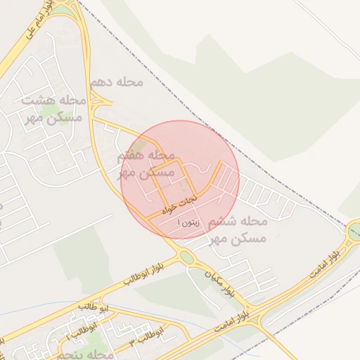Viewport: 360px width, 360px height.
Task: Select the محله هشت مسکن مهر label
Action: pyautogui.click(x=53, y=109)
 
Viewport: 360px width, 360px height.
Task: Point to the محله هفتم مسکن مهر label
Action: pyautogui.click(x=146, y=163)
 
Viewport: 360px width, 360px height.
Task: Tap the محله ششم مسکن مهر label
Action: pyautogui.click(x=238, y=230)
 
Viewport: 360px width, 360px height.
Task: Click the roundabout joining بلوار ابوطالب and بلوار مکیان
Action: pyautogui.click(x=187, y=257)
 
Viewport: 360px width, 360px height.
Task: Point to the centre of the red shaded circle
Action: pyautogui.click(x=181, y=180)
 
